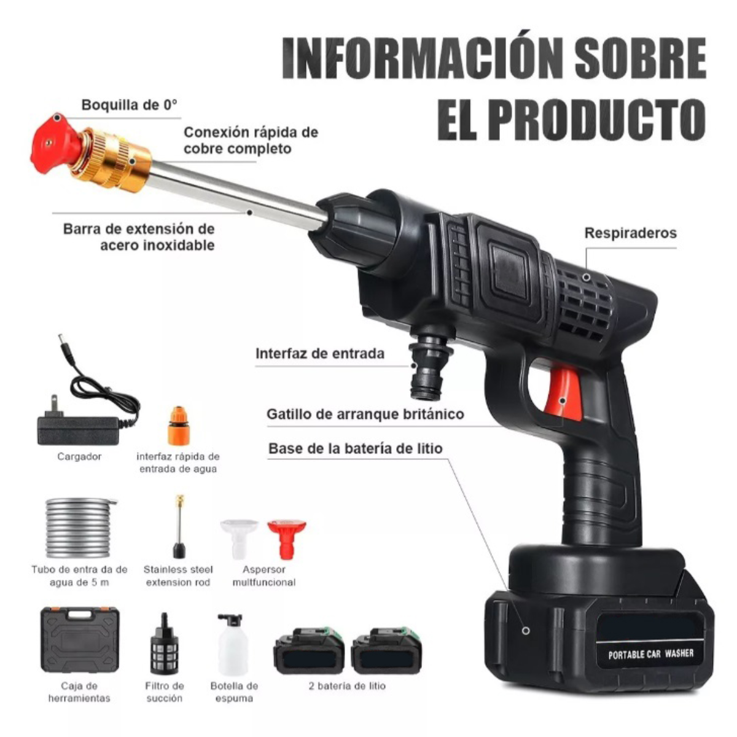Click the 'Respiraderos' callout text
tap(630, 233)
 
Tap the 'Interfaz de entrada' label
tap(320, 353)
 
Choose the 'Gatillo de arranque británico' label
tap(365, 414)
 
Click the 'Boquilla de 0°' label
tap(129, 105)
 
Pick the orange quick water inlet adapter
tap(179, 426)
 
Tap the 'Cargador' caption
tap(80, 457)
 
